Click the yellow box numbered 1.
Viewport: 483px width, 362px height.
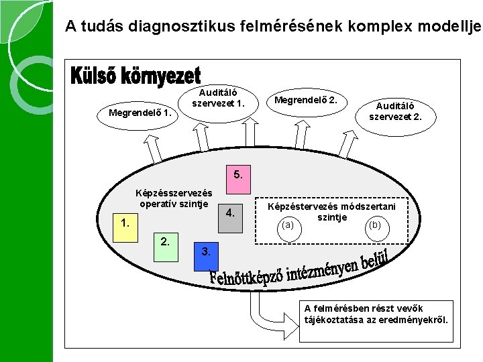click(125, 222)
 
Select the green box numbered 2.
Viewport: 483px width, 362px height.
click(165, 245)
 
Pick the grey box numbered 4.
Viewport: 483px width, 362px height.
click(230, 215)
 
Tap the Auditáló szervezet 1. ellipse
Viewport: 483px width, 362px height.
click(222, 99)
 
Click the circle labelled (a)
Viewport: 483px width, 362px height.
click(288, 226)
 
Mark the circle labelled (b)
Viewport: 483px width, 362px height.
click(375, 226)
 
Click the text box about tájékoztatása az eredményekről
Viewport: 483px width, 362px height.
click(376, 318)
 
